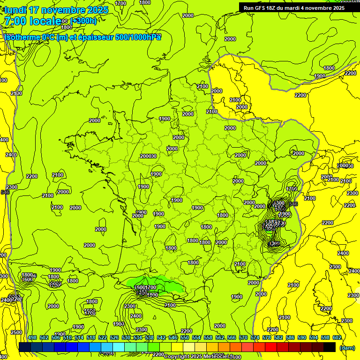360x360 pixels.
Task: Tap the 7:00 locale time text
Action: pos(32,21)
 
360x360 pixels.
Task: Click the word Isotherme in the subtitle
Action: pos(22,37)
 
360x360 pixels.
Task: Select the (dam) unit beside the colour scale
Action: pos(347,347)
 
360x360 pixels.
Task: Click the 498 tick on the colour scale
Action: pos(32,338)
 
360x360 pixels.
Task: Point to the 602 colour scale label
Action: pos(337,338)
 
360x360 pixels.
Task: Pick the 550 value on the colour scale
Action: pos(185,338)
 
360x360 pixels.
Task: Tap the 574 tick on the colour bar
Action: pos(255,338)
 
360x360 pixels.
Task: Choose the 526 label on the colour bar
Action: pos(114,338)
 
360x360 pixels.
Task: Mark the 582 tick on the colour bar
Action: pos(278,338)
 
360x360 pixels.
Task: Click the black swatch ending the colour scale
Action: pos(330,347)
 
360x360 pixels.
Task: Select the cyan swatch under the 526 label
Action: pos(119,347)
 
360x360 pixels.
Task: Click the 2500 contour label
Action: pos(16,332)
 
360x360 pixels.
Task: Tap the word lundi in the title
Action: pos(15,10)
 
